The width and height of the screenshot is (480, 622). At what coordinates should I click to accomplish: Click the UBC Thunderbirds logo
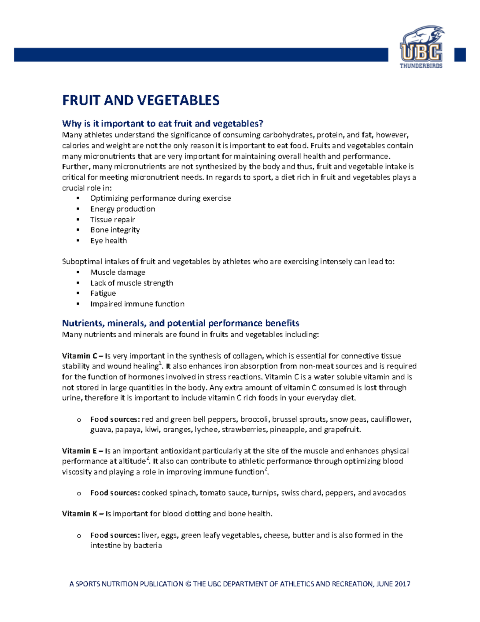tap(421, 48)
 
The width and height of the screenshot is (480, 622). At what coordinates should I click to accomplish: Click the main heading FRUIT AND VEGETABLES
tap(141, 100)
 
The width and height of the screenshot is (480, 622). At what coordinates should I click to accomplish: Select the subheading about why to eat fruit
tap(162, 123)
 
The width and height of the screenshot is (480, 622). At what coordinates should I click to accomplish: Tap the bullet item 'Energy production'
tap(122, 209)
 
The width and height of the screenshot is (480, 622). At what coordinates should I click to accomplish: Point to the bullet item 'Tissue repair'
tap(112, 219)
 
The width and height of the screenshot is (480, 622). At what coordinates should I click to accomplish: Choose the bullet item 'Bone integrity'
tap(115, 230)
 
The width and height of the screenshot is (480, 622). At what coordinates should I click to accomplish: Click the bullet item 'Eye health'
tap(108, 240)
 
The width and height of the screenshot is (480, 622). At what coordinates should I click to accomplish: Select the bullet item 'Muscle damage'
tap(118, 272)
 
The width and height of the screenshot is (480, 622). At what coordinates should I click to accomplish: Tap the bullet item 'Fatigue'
tap(103, 293)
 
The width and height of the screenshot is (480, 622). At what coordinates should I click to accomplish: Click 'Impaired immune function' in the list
tap(137, 304)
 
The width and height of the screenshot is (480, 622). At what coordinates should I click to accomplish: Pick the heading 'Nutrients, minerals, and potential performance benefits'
tap(180, 323)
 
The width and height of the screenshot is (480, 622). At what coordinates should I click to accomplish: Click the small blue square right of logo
tap(460, 54)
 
